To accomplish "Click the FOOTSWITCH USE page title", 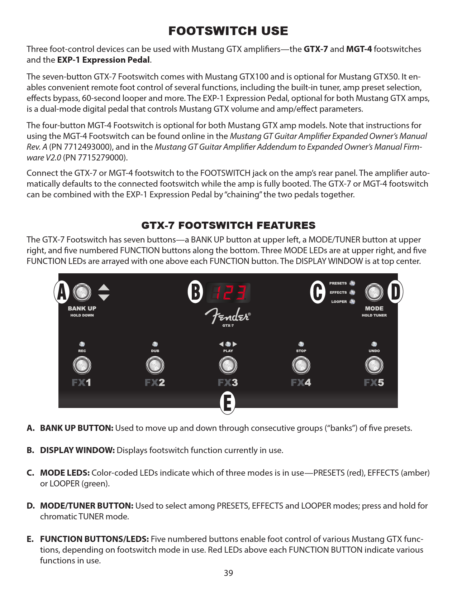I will point(228,31).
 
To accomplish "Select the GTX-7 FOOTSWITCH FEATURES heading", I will point(228,225).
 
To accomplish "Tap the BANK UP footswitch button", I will point(82,292).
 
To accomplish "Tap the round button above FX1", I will point(82,366).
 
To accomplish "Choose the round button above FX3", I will point(228,366).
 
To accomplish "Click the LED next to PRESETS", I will point(352,283).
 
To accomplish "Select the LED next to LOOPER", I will point(352,302).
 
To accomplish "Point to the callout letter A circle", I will point(62,292).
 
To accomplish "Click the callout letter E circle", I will point(228,403).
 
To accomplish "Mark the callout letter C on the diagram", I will point(318,292).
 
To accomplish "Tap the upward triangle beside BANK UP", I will point(104,287).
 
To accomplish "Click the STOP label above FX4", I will point(301,351).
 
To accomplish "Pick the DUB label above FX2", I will point(155,351).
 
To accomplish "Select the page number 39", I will point(228,573).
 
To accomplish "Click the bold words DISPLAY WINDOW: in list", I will point(77,450).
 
